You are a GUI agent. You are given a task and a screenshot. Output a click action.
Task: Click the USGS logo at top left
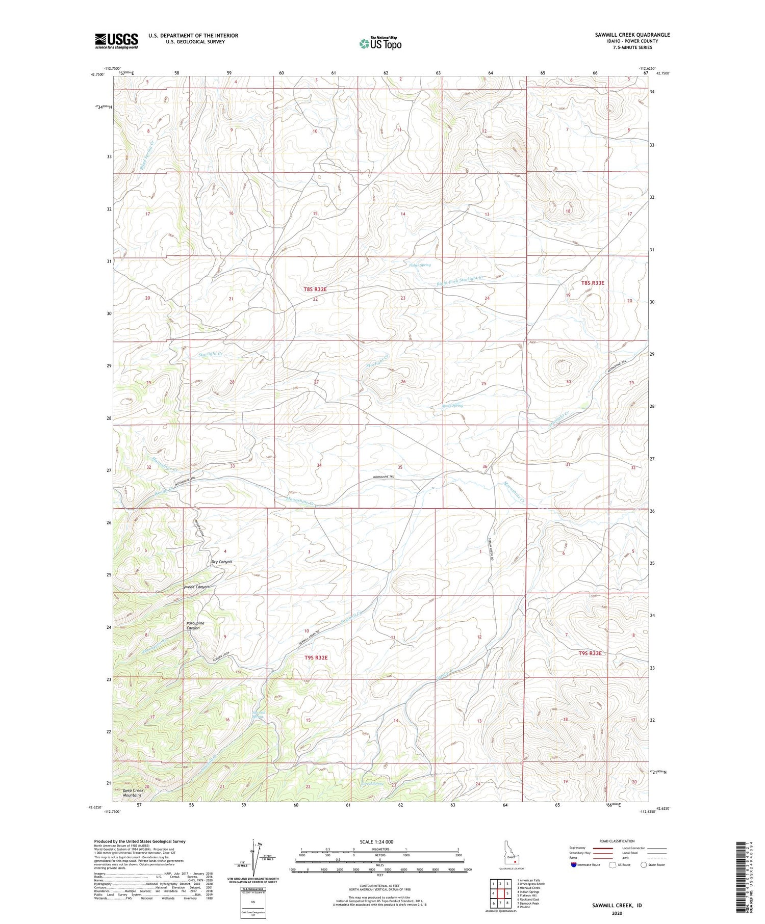click(x=116, y=41)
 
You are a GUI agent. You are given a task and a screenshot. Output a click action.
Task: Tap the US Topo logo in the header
click(x=380, y=44)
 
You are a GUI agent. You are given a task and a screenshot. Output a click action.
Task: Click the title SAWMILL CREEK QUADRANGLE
click(x=632, y=35)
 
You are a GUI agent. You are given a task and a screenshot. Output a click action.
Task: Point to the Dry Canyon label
click(x=222, y=562)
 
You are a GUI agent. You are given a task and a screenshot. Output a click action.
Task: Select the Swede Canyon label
click(x=196, y=587)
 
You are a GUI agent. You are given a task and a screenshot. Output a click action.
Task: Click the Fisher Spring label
click(x=420, y=265)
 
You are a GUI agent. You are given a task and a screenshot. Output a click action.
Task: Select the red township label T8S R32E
click(x=315, y=289)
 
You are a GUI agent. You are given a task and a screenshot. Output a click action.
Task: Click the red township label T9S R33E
click(x=590, y=653)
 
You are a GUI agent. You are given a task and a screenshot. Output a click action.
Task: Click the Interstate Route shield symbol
click(x=574, y=865)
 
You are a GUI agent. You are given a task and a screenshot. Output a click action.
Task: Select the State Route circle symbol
click(x=644, y=865)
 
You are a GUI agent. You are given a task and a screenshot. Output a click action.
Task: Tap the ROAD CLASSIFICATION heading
click(x=617, y=841)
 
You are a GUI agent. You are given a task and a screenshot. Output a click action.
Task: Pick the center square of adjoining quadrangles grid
click(x=501, y=893)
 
